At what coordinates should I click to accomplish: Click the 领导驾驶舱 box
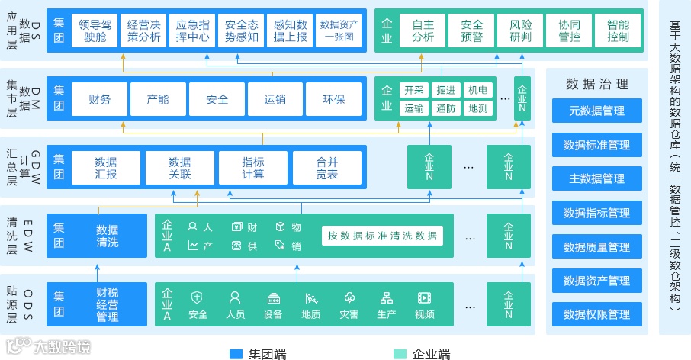click(x=95, y=30)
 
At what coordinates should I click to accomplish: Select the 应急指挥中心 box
click(x=192, y=30)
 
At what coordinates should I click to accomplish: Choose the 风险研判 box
click(x=520, y=30)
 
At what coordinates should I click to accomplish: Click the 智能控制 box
click(x=619, y=30)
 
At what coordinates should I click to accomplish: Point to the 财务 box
click(x=100, y=99)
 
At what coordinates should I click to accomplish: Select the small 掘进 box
click(x=446, y=91)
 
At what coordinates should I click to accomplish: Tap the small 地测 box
click(x=478, y=108)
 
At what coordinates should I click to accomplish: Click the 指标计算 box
click(x=253, y=168)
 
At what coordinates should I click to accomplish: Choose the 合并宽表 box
click(x=326, y=168)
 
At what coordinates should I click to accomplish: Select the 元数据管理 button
click(x=597, y=111)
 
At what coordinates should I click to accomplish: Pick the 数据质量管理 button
click(x=597, y=247)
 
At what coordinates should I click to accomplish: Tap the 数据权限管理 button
click(x=597, y=314)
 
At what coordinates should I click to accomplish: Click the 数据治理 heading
click(x=597, y=84)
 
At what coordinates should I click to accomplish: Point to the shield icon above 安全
click(x=198, y=297)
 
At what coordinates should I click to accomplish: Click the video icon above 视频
click(x=425, y=297)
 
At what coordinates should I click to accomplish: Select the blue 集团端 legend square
click(x=236, y=354)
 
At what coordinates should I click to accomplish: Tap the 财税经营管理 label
click(x=108, y=304)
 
